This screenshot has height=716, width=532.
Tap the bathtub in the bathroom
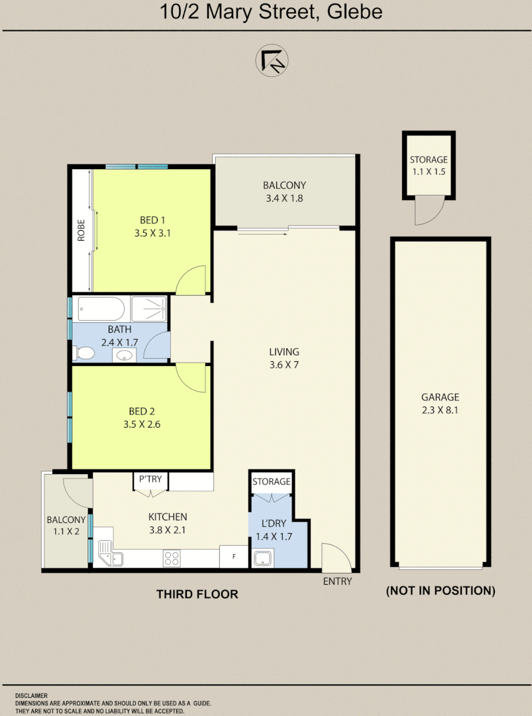point(101,309)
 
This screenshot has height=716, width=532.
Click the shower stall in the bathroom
point(149,309)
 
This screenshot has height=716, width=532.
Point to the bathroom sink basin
point(123,356)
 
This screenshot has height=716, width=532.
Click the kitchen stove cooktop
point(172,559)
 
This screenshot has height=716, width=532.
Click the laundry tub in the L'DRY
point(263,558)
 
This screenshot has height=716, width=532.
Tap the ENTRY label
point(337,581)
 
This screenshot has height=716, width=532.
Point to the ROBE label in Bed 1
point(81,230)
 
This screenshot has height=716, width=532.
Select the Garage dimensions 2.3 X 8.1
point(440,410)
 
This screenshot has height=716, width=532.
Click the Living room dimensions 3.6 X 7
point(284,365)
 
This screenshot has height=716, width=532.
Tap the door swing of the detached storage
point(424,211)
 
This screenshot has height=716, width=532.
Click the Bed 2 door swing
point(193,377)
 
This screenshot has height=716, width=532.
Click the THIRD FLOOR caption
point(197,594)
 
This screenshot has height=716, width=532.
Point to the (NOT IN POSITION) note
point(441,591)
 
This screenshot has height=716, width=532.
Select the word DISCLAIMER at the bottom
point(31,696)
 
